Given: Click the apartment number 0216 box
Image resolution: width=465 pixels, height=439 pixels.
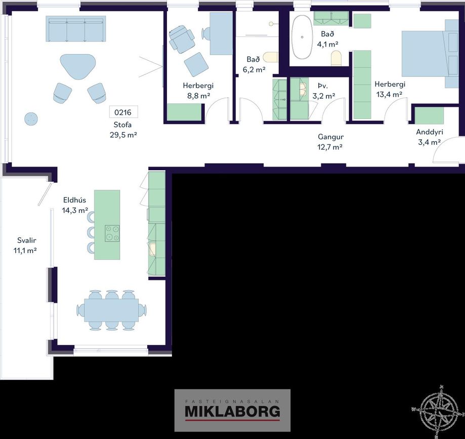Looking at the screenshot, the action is point(123,112).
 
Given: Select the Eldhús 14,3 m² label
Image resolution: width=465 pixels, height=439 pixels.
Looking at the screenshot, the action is point(75,205).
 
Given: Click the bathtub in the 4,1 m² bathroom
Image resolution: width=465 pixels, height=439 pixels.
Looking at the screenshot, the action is point(302,36).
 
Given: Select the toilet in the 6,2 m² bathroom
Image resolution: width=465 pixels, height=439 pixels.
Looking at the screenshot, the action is point(271,57).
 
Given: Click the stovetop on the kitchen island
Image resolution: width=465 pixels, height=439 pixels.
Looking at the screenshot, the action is point(112,233).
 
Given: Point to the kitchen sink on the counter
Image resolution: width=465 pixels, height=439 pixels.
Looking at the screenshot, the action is point(152,249).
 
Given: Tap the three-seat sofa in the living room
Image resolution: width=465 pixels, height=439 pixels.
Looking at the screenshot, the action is point(76,29).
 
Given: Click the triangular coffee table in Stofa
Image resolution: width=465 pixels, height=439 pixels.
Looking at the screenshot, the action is point(78,66).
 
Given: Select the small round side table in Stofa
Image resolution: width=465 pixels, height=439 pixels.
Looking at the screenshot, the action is point(31,118).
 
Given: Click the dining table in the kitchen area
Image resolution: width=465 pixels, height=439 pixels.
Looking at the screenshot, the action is point(111,310).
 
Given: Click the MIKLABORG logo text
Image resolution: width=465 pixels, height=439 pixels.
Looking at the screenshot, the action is point(233,411).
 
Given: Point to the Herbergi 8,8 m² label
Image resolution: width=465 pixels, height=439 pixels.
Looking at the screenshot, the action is point(198,91).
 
